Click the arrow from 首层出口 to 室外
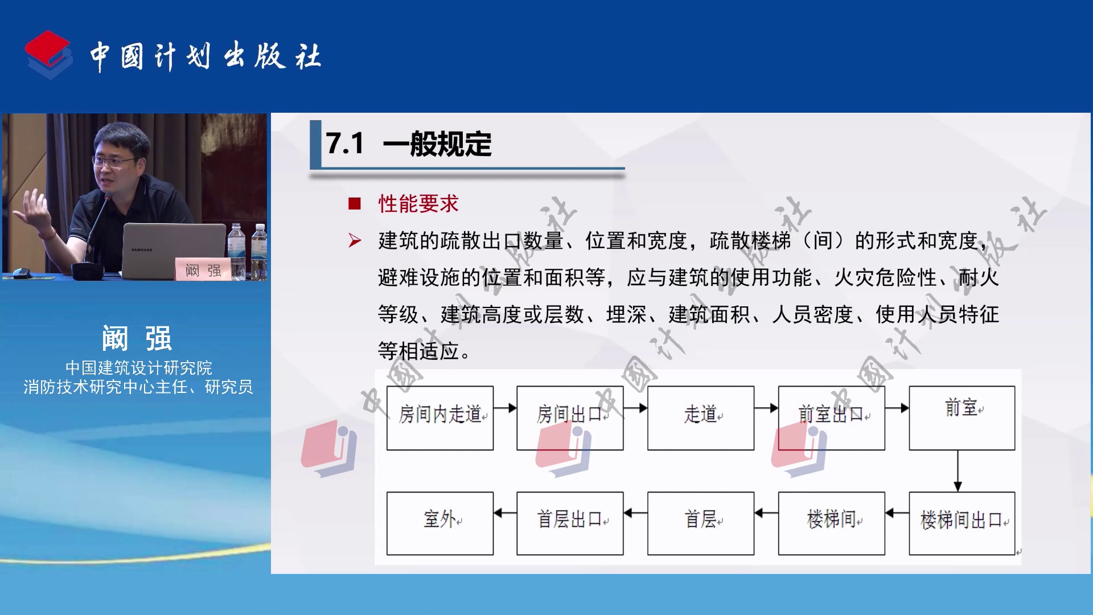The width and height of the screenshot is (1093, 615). [x=505, y=513]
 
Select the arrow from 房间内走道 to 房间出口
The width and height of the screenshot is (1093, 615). [x=505, y=408]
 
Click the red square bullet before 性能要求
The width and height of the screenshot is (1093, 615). [x=355, y=204]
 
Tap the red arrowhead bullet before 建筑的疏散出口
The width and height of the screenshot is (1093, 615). [x=355, y=241]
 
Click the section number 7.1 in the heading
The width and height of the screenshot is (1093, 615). [x=344, y=143]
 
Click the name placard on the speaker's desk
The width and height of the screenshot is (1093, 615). [x=203, y=269]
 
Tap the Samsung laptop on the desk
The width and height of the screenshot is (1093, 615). [x=174, y=251]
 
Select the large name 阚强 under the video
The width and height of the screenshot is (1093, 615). [x=137, y=339]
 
